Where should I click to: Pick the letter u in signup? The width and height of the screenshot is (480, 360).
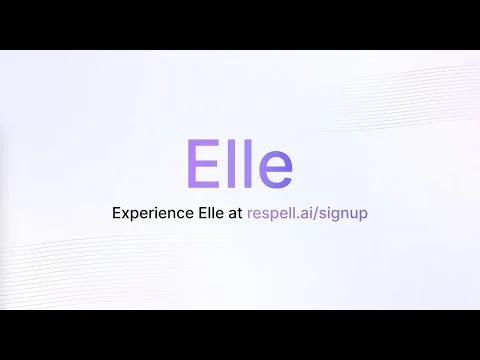tap(358, 215)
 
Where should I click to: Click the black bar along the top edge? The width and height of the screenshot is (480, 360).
tap(240, 22)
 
